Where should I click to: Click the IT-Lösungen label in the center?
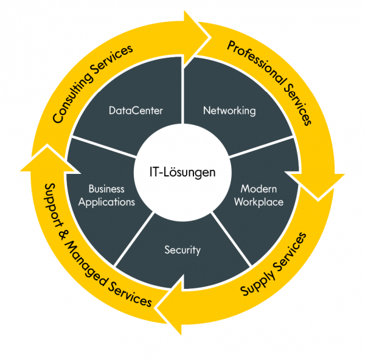coord(182,173)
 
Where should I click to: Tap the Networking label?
coord(229,111)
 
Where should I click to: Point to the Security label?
coord(182,249)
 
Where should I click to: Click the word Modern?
coord(259,189)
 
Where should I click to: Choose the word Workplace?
coord(259,202)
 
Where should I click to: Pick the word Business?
coord(106,189)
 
